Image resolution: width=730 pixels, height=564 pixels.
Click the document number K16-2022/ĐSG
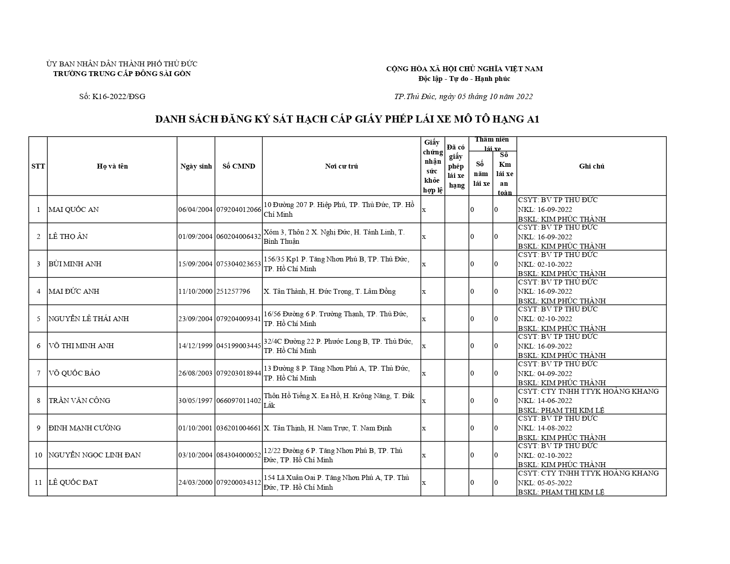click(112, 96)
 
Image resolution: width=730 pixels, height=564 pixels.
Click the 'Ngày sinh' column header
click(196, 166)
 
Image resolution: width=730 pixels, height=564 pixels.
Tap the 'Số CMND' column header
click(238, 166)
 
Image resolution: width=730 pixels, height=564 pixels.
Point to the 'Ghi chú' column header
click(591, 166)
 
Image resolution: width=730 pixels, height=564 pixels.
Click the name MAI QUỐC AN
click(73, 209)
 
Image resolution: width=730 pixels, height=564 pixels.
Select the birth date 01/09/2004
click(196, 237)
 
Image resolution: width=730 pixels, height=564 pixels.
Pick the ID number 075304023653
click(238, 264)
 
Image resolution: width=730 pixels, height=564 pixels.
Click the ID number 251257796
click(233, 292)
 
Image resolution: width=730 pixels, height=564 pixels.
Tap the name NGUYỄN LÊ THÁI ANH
click(88, 319)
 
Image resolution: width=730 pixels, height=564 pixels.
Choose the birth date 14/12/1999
click(196, 346)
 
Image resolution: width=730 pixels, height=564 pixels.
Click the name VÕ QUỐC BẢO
click(74, 373)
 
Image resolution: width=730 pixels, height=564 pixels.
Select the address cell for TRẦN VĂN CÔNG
click(339, 400)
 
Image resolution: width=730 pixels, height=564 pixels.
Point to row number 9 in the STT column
click(38, 428)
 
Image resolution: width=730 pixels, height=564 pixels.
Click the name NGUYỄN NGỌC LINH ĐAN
click(95, 455)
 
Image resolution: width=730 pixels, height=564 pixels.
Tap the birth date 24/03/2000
click(196, 483)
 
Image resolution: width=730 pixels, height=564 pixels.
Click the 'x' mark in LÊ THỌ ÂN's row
click(424, 237)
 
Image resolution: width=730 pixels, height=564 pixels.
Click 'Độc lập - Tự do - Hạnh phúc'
click(464, 79)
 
